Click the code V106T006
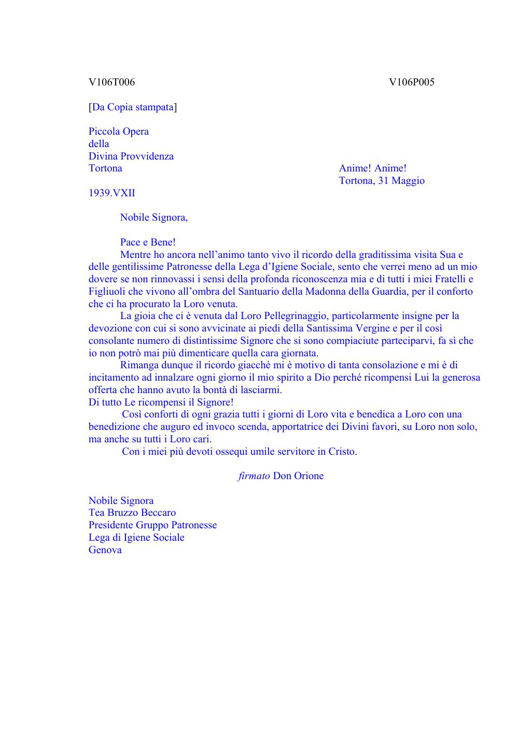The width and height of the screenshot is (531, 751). pyautogui.click(x=111, y=82)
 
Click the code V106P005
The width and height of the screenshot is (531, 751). pyautogui.click(x=412, y=82)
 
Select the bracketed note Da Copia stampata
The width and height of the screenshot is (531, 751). pyautogui.click(x=133, y=107)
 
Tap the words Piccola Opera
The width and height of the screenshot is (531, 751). pyautogui.click(x=119, y=132)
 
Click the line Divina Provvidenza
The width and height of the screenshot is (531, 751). pyautogui.click(x=131, y=156)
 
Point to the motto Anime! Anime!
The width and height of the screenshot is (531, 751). pyautogui.click(x=372, y=168)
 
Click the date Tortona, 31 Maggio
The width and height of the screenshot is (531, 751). pyautogui.click(x=382, y=181)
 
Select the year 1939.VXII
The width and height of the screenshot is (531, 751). pyautogui.click(x=112, y=193)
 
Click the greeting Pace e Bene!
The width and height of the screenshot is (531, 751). pyautogui.click(x=148, y=242)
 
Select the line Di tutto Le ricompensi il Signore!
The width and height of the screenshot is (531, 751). pyautogui.click(x=161, y=402)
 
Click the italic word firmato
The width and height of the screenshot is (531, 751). pyautogui.click(x=254, y=476)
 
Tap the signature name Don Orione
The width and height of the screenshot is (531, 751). pyautogui.click(x=298, y=476)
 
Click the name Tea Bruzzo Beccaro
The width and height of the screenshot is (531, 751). pyautogui.click(x=132, y=513)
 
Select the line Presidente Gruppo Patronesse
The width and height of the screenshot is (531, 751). pyautogui.click(x=152, y=525)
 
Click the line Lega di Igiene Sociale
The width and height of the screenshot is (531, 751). pyautogui.click(x=136, y=538)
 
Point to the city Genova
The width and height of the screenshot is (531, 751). pyautogui.click(x=105, y=550)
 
